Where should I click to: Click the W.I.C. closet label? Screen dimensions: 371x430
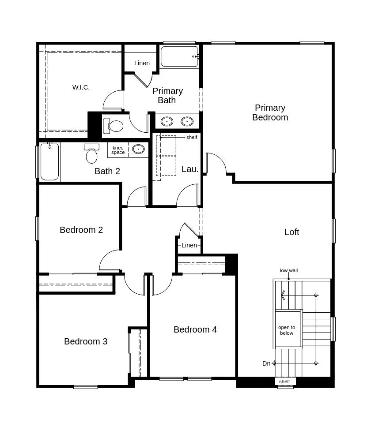(x=81, y=87)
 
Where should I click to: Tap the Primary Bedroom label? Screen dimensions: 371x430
(x=270, y=112)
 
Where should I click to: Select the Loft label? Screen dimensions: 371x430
(x=291, y=232)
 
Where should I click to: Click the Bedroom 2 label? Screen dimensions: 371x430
(x=81, y=230)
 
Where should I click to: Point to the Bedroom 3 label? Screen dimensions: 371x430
(x=86, y=341)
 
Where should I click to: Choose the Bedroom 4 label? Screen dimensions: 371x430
(x=195, y=329)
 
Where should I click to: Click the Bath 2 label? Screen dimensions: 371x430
(x=107, y=171)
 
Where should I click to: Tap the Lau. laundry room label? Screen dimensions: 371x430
(x=190, y=169)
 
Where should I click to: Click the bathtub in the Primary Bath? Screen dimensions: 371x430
(x=179, y=56)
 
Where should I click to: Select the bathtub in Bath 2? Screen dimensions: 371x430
(x=49, y=162)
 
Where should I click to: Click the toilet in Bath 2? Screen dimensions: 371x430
(x=91, y=153)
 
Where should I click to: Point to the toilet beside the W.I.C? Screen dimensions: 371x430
(x=113, y=126)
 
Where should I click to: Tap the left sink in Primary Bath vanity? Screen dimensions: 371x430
(x=167, y=121)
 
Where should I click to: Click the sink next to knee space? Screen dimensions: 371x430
(x=138, y=149)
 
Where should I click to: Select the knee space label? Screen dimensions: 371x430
(x=118, y=150)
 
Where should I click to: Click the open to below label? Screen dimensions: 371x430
(x=287, y=330)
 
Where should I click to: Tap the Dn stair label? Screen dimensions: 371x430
(x=266, y=363)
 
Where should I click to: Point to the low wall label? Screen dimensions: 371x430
(x=289, y=270)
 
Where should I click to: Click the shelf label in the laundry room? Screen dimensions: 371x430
(x=192, y=137)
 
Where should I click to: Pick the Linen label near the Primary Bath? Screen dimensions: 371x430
(x=142, y=63)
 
